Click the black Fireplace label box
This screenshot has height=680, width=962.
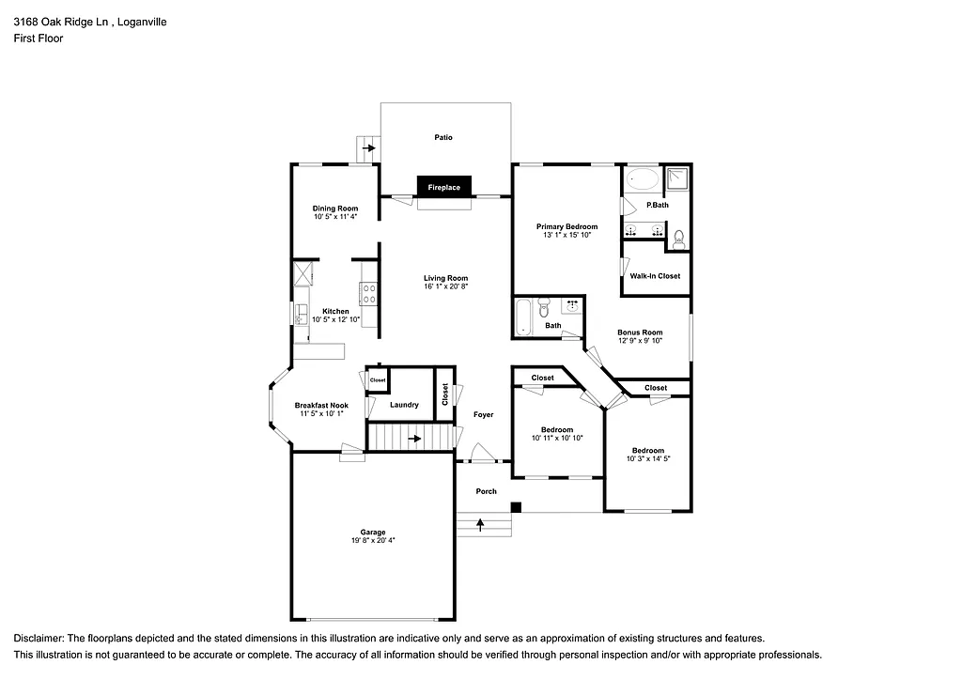[x=444, y=187]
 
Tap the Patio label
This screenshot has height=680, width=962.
[x=443, y=138]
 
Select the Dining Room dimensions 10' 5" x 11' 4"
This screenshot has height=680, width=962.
[x=335, y=217]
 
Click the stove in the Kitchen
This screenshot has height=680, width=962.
[x=368, y=294]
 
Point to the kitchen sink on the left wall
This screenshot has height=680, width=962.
[x=303, y=313]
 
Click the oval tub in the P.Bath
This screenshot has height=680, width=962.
[x=644, y=178]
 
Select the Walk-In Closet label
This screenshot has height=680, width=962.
[x=655, y=276]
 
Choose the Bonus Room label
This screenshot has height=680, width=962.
[x=640, y=332]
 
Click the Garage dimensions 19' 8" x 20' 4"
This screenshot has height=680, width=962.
[x=373, y=541]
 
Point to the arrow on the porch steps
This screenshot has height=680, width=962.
[x=482, y=523]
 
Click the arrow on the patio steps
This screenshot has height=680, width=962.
[x=369, y=148]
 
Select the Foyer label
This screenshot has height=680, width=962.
[x=483, y=414]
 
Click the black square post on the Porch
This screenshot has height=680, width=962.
[x=516, y=508]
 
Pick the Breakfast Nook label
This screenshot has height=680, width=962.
[x=322, y=406]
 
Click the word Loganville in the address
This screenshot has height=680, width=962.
[x=138, y=21]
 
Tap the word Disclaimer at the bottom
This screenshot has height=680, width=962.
[x=39, y=638]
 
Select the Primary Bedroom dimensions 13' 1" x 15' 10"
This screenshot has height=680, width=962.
[x=566, y=235]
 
